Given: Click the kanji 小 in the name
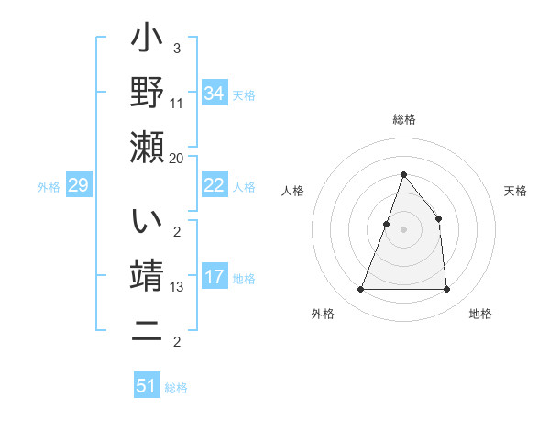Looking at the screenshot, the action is click(x=147, y=42).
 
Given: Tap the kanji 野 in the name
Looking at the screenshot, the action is click(x=147, y=93).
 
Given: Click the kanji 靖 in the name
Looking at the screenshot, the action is click(x=147, y=277).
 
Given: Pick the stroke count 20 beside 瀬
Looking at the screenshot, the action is click(x=177, y=158).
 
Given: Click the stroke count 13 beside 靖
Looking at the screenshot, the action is click(x=178, y=287).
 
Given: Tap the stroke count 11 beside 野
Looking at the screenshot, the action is click(x=178, y=103).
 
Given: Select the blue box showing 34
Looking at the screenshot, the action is click(x=214, y=94).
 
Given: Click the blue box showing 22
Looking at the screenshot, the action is click(x=214, y=185).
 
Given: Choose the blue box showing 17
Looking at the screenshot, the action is click(x=214, y=277).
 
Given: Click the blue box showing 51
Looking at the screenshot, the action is click(x=146, y=386).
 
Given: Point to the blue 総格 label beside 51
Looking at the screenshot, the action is click(x=176, y=388).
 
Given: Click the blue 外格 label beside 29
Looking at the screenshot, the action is click(x=49, y=187).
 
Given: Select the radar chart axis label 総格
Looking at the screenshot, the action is click(x=403, y=119).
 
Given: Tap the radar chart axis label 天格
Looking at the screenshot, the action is click(x=516, y=191).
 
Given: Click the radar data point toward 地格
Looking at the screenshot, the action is click(x=446, y=289).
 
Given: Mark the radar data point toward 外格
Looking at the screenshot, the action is click(x=360, y=289).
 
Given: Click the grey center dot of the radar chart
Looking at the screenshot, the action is click(x=403, y=229).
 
